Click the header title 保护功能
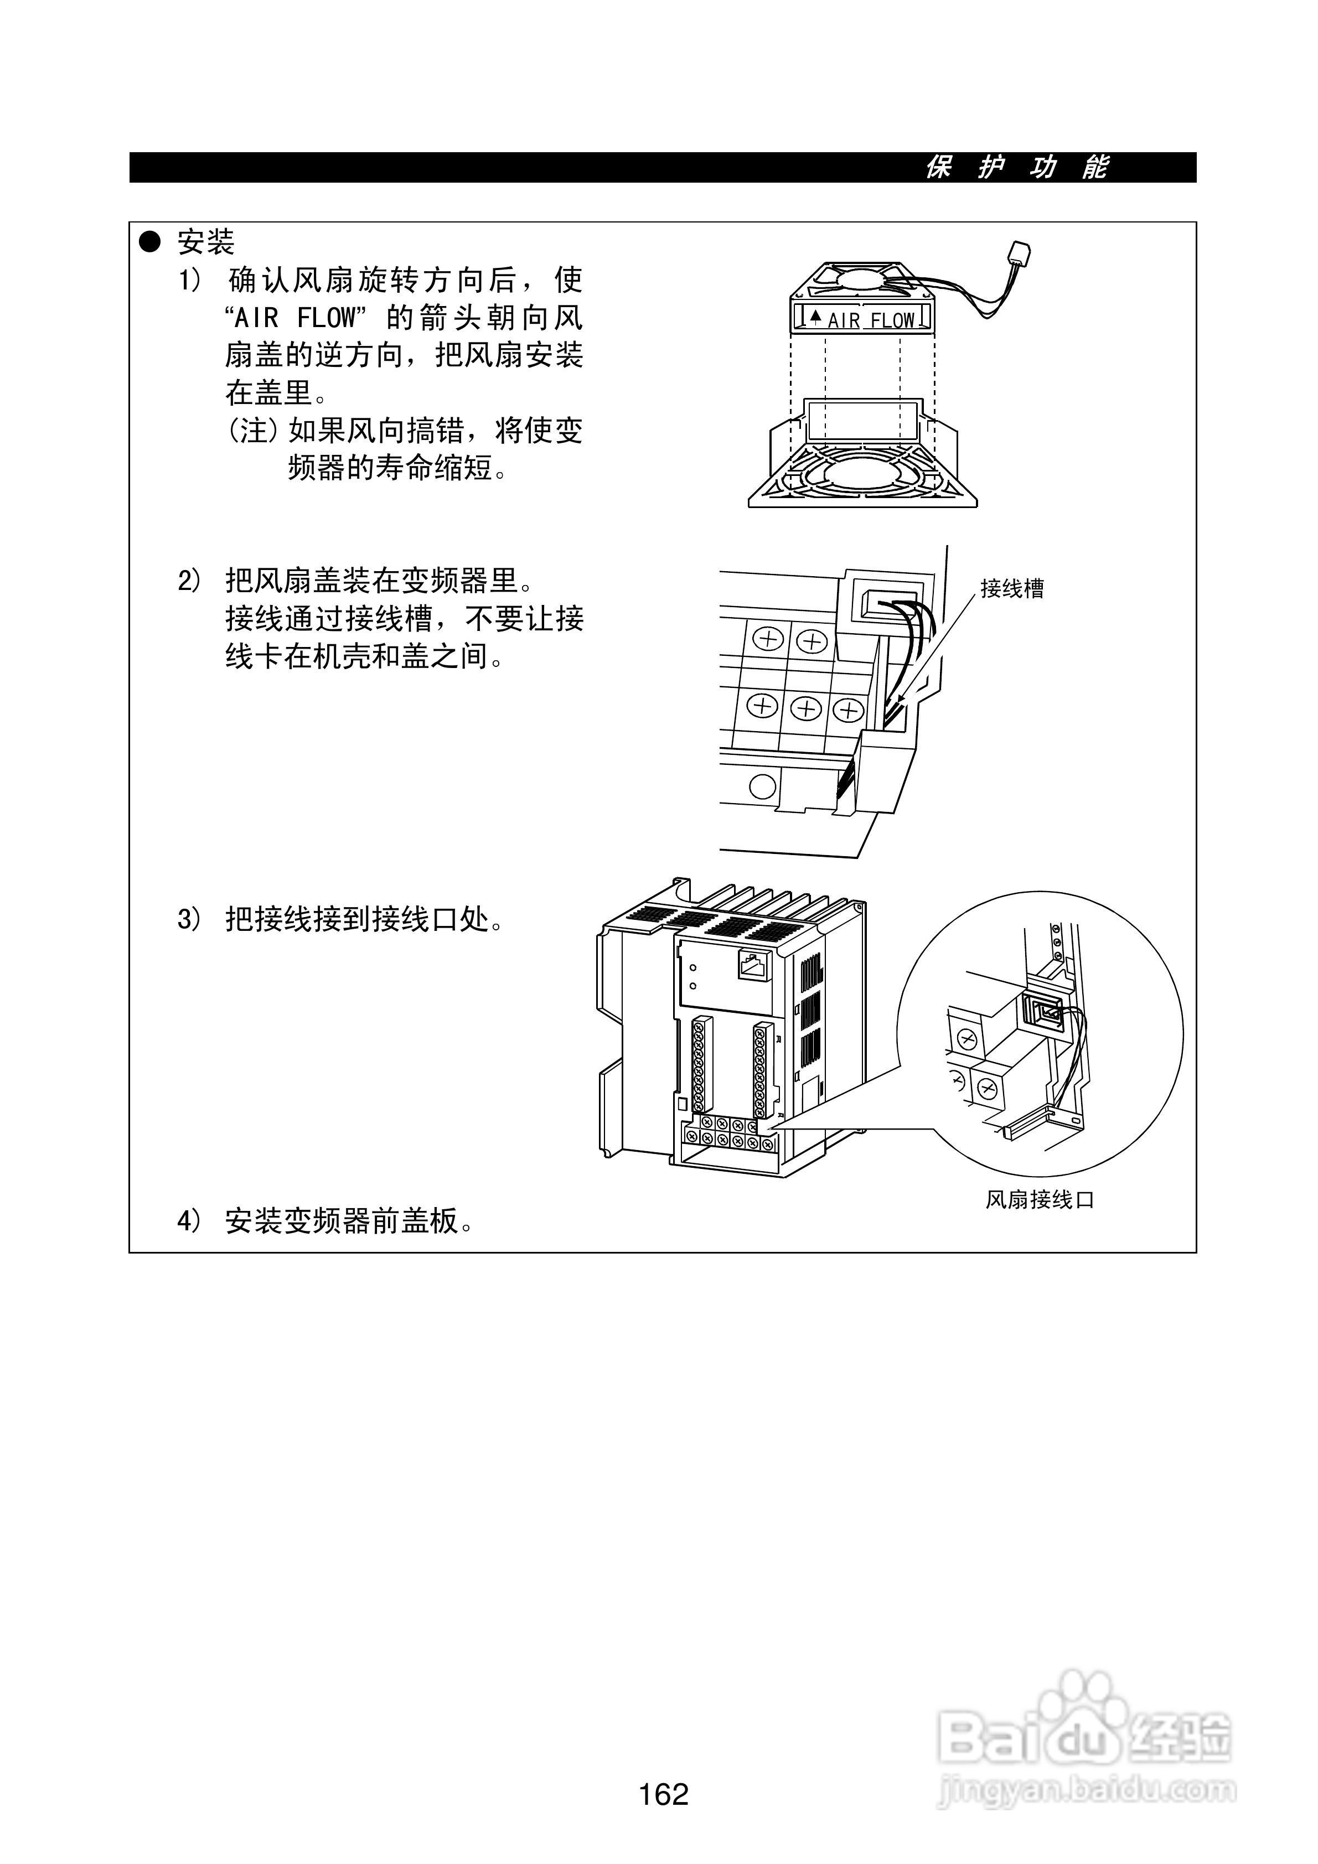pos(1017,167)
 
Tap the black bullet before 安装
pos(150,241)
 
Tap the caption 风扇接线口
pos(1040,1199)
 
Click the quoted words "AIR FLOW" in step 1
pos(294,318)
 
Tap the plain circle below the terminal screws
pos(761,786)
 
